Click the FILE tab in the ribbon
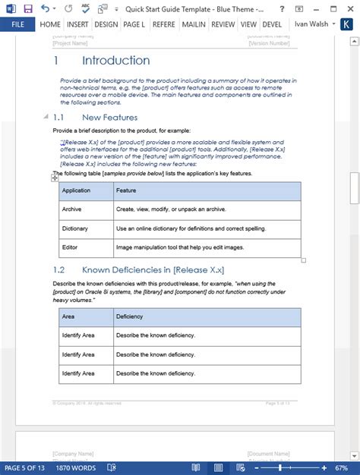tap(17, 24)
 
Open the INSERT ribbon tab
tap(77, 24)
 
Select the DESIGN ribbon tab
tap(106, 24)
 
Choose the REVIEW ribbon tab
tap(223, 24)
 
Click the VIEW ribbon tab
tap(248, 24)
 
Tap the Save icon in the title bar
tap(28, 8)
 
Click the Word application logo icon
tap(9, 8)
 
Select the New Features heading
tap(110, 118)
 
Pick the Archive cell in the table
tap(72, 209)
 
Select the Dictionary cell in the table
tap(75, 228)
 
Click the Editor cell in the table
tap(71, 247)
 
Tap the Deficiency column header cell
tap(129, 316)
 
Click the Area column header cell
tap(68, 316)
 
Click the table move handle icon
tap(55, 178)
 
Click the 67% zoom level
tap(341, 467)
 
